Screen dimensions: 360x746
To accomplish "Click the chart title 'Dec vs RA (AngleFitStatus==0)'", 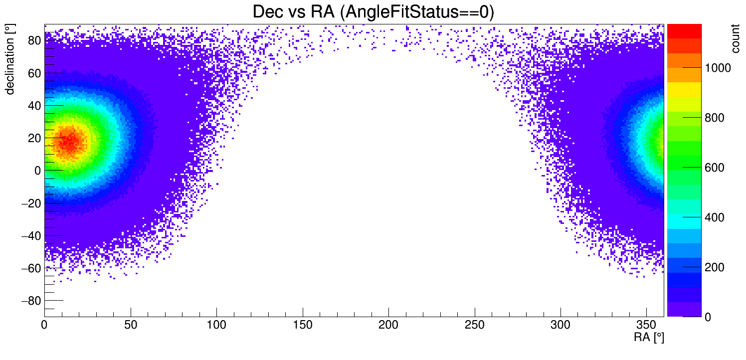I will pyautogui.click(x=373, y=12).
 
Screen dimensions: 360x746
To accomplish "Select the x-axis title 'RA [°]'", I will pyautogui.click(x=649, y=338).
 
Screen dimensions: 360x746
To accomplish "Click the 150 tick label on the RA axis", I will pyautogui.click(x=303, y=325).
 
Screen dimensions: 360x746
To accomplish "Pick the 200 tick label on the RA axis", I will pyautogui.click(x=388, y=325).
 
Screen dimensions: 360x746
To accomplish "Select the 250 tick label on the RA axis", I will pyautogui.click(x=475, y=325).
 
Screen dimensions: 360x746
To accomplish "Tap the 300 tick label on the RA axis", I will pyautogui.click(x=560, y=325).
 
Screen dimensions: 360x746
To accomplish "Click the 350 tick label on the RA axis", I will pyautogui.click(x=647, y=325).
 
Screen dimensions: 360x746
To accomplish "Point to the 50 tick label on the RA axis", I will pyautogui.click(x=131, y=325).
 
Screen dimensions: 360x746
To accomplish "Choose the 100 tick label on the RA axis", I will pyautogui.click(x=216, y=325).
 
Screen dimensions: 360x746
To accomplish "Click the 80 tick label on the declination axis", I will pyautogui.click(x=34, y=40).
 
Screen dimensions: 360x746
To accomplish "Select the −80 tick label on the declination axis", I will pyautogui.click(x=31, y=301).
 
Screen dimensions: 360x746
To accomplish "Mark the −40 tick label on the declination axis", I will pyautogui.click(x=31, y=236).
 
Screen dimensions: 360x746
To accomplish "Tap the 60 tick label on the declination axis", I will pyautogui.click(x=34, y=73).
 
